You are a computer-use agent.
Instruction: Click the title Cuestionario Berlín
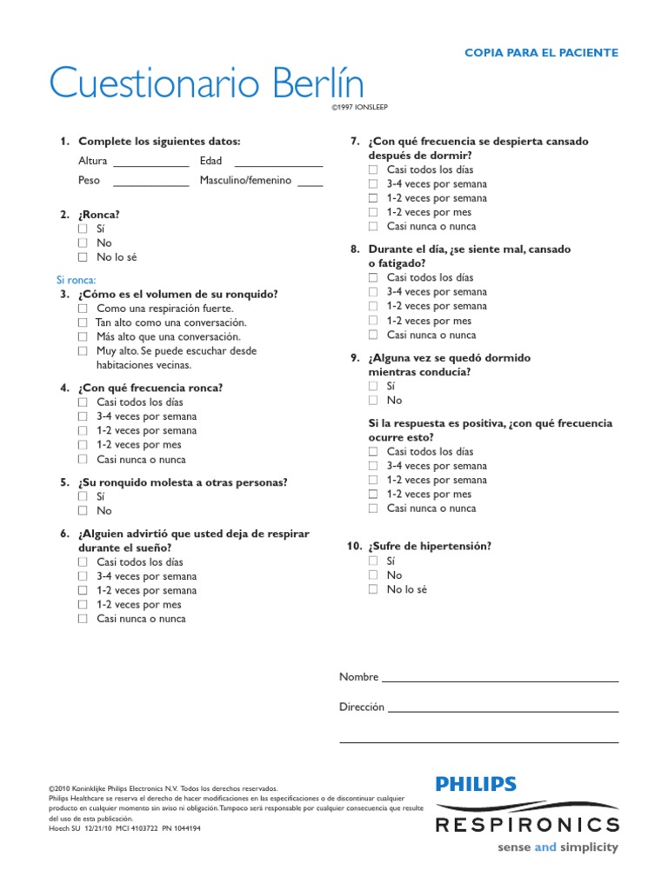pyautogui.click(x=206, y=83)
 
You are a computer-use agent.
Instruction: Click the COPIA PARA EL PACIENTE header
pyautogui.click(x=541, y=53)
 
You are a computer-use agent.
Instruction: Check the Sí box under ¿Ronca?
pyautogui.click(x=83, y=229)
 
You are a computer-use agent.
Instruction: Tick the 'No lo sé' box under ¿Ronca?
pyautogui.click(x=83, y=257)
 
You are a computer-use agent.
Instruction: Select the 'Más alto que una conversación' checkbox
pyautogui.click(x=83, y=336)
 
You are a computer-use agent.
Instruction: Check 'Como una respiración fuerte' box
pyautogui.click(x=83, y=309)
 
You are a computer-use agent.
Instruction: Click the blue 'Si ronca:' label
pyautogui.click(x=76, y=280)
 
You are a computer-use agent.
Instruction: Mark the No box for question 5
pyautogui.click(x=83, y=511)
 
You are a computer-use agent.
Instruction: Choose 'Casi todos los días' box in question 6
pyautogui.click(x=83, y=562)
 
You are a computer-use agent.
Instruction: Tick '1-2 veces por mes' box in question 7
pyautogui.click(x=373, y=212)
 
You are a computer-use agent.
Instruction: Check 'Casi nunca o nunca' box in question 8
pyautogui.click(x=373, y=335)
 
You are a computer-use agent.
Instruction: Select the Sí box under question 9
pyautogui.click(x=373, y=386)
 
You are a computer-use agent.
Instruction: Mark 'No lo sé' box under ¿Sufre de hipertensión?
pyautogui.click(x=373, y=589)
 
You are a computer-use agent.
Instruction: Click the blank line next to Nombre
pyautogui.click(x=500, y=680)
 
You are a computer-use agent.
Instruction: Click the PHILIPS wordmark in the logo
pyautogui.click(x=476, y=784)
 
